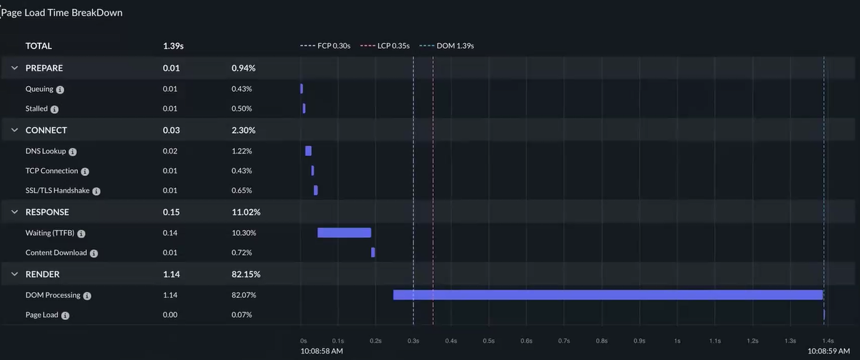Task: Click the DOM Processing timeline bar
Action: pyautogui.click(x=608, y=295)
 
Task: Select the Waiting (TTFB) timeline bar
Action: pyautogui.click(x=344, y=233)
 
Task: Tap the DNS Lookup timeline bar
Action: pyautogui.click(x=309, y=151)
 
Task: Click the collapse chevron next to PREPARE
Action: pyautogui.click(x=15, y=68)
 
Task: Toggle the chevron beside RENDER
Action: pyautogui.click(x=15, y=274)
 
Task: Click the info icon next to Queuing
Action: pyautogui.click(x=60, y=90)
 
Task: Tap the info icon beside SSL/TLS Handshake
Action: pyautogui.click(x=96, y=191)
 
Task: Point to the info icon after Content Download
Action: pyautogui.click(x=94, y=254)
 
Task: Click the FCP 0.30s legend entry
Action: pyautogui.click(x=325, y=46)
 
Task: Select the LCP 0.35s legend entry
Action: pyautogui.click(x=385, y=46)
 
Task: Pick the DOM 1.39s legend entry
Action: pyautogui.click(x=447, y=46)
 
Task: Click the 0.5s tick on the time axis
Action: pyautogui.click(x=489, y=341)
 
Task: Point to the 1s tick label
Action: pyautogui.click(x=677, y=341)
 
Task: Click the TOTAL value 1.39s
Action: pyautogui.click(x=173, y=46)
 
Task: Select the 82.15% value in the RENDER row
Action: pyautogui.click(x=245, y=274)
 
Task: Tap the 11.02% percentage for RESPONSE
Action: pyautogui.click(x=245, y=212)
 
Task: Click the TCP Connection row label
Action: pyautogui.click(x=52, y=171)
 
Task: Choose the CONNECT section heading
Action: pyautogui.click(x=46, y=130)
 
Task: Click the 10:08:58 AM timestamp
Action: pyautogui.click(x=322, y=351)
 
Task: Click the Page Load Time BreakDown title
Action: pyautogui.click(x=62, y=13)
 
